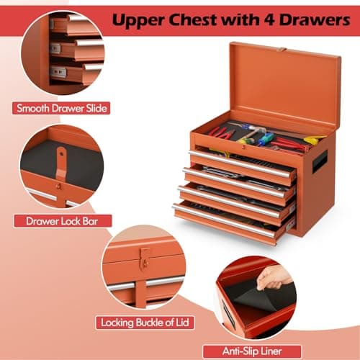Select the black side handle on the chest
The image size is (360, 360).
pos(319,161)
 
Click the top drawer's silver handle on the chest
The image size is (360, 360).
pos(242,165)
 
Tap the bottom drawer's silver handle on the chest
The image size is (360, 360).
pos(223,220)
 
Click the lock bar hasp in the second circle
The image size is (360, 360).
pos(63,160)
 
